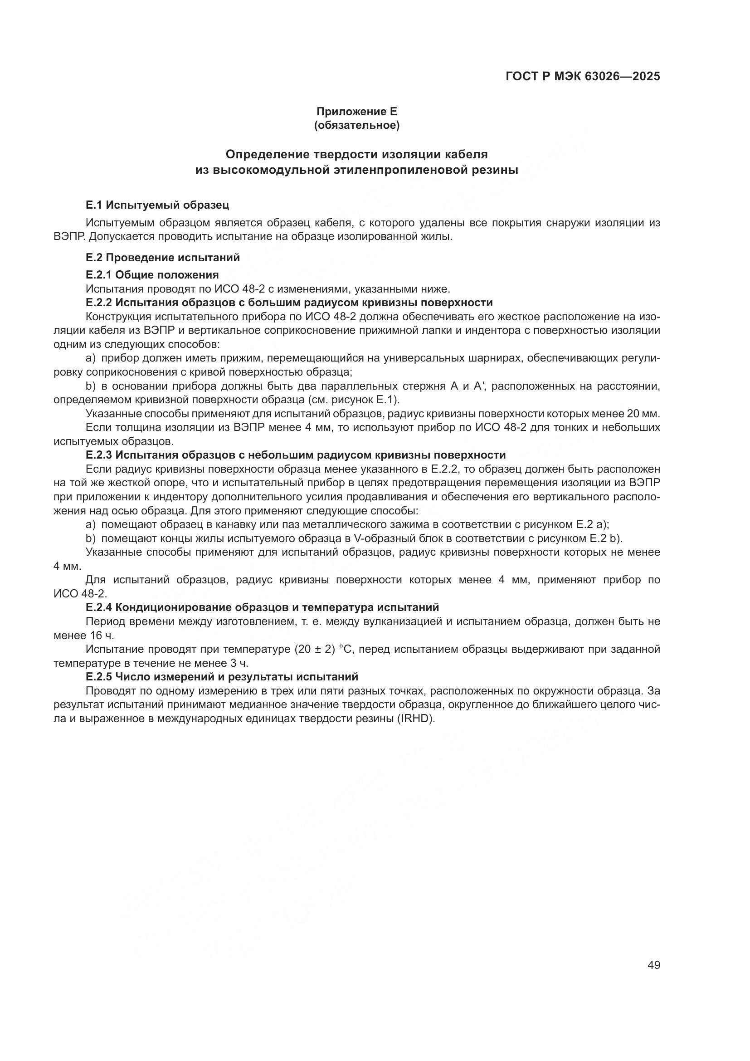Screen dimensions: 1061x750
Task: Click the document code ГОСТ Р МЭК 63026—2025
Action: click(x=583, y=76)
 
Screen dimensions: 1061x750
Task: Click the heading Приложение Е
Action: click(x=356, y=112)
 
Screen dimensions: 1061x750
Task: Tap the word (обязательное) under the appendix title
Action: click(x=356, y=125)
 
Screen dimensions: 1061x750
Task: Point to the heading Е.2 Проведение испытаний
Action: click(x=163, y=257)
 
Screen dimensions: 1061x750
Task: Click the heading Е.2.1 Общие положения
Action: click(x=152, y=275)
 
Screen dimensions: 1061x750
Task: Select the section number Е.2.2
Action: click(x=99, y=303)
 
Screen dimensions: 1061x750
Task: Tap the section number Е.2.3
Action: click(x=99, y=455)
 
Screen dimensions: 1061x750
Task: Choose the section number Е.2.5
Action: click(x=99, y=676)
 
